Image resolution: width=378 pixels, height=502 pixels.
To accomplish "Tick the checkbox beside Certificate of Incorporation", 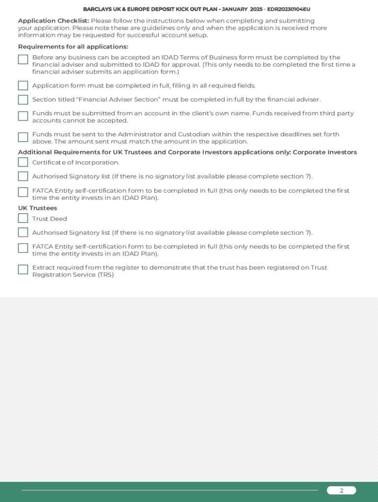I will (23, 162).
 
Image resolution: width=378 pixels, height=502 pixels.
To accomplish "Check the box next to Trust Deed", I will (23, 218).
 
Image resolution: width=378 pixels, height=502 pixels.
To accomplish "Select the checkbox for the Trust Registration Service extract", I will (23, 270).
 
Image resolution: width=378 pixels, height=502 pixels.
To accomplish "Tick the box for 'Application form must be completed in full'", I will (23, 86).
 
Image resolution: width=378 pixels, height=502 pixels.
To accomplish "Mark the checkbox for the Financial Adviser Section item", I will (23, 100).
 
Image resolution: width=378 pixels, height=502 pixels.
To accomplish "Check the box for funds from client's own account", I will (23, 116).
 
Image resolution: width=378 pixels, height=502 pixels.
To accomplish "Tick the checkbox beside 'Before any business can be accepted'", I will (23, 60).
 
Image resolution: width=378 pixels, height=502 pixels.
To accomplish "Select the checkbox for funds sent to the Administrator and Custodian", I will (23, 137).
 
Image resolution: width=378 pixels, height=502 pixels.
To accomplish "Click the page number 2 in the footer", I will (342, 491).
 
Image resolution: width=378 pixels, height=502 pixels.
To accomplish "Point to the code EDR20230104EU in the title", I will (289, 9).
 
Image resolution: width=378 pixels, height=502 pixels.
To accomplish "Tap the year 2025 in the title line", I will (256, 9).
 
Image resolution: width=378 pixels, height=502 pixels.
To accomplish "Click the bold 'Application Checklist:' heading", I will (54, 21).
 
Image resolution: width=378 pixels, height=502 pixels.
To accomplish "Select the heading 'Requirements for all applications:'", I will (73, 47).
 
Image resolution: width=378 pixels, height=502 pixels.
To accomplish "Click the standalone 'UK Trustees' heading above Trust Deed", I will (37, 208).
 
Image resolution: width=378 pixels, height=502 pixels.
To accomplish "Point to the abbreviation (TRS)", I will (106, 275).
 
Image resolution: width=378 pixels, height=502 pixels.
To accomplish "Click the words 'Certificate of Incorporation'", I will (76, 163).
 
